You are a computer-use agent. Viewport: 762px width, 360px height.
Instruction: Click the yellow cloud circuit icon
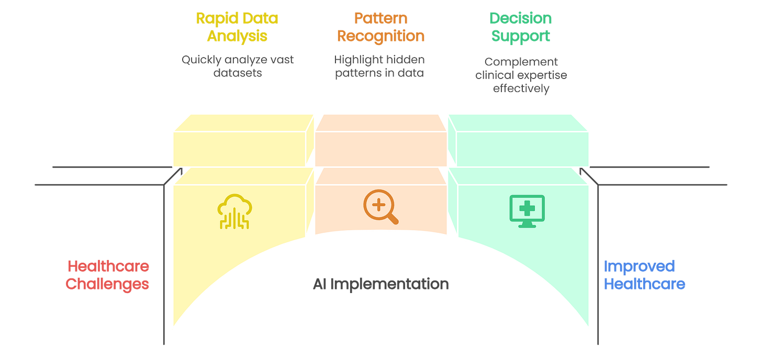click(x=234, y=211)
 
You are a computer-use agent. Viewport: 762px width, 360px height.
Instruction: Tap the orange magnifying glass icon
click(x=380, y=207)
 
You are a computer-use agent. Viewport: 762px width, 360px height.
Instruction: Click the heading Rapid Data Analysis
click(x=237, y=27)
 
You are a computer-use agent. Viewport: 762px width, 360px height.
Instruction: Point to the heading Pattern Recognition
click(x=380, y=27)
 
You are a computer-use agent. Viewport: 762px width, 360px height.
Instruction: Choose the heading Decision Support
click(x=520, y=27)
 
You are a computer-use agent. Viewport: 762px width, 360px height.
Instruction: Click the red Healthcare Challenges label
click(x=108, y=275)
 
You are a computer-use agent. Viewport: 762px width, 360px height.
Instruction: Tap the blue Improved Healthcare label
click(x=645, y=275)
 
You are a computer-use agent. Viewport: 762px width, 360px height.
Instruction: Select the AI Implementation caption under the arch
click(x=380, y=285)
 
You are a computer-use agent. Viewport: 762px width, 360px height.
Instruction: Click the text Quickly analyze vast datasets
click(x=237, y=66)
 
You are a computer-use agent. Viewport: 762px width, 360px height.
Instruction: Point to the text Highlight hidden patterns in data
click(x=379, y=66)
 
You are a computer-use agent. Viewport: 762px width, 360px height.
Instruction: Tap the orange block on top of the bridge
click(x=380, y=140)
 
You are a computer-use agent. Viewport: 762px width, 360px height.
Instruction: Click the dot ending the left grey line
click(x=181, y=171)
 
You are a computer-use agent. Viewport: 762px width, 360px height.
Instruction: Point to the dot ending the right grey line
click(x=581, y=171)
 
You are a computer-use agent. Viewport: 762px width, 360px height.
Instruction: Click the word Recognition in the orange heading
click(x=380, y=36)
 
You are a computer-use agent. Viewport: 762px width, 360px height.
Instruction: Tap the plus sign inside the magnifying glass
click(x=377, y=204)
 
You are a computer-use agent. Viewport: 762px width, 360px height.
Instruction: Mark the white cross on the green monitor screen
click(x=527, y=208)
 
